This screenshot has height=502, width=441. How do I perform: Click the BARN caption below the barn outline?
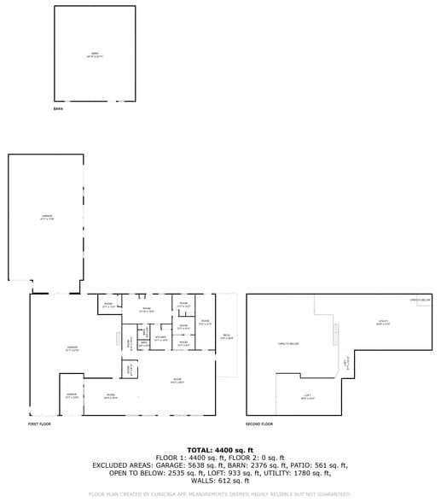[59, 109]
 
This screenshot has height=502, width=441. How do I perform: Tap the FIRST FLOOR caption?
[39, 424]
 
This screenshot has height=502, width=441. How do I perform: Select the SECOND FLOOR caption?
[259, 424]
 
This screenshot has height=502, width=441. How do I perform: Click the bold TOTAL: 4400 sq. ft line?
[220, 450]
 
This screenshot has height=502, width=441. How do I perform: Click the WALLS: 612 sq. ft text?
[220, 482]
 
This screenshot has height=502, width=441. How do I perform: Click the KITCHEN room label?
[160, 338]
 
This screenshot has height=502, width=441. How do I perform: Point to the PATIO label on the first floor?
[226, 336]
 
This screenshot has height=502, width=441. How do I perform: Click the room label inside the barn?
[96, 55]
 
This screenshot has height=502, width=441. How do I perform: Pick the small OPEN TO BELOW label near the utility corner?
[420, 301]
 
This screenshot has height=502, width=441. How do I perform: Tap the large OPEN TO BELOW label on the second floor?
[287, 343]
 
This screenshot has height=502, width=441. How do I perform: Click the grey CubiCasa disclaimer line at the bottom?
[220, 494]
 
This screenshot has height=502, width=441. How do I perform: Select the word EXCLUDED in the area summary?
[112, 466]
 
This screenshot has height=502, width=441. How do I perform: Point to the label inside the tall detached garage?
[47, 218]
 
